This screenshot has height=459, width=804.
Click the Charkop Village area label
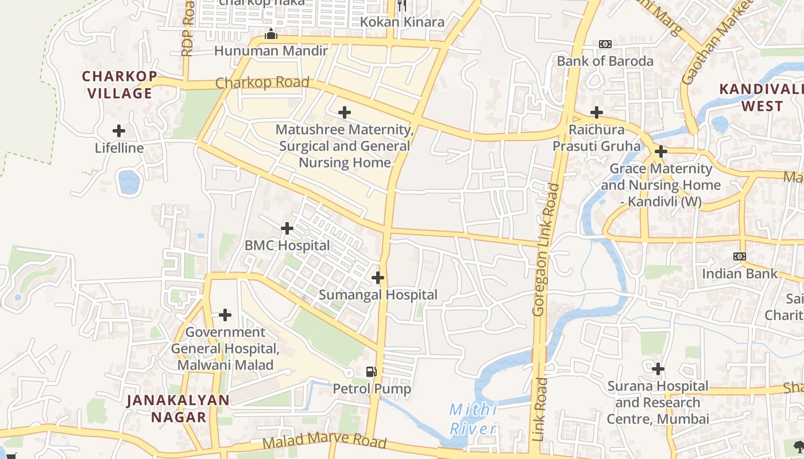point(119,84)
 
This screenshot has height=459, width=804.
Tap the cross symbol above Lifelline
point(119,131)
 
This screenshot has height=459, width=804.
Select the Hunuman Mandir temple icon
point(271,34)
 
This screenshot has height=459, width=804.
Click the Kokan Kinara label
point(402,22)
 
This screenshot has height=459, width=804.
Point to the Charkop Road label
point(262,83)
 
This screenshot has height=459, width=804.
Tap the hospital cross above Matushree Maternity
point(345,112)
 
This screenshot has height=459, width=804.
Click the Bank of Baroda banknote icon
point(605,44)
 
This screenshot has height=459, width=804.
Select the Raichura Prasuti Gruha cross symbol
point(597,112)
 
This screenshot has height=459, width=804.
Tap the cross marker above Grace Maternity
point(661,151)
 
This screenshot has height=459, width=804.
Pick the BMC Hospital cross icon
point(287,228)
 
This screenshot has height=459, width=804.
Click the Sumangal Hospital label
point(378,295)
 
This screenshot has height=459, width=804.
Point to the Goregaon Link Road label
point(546,250)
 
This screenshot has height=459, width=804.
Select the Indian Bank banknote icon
point(740,256)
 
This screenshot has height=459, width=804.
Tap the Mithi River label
point(473,419)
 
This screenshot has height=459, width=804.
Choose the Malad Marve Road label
point(324,442)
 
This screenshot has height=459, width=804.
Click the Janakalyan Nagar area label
point(179,408)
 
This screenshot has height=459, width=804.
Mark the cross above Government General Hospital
point(225,315)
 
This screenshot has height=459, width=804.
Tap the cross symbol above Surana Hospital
point(658,368)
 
